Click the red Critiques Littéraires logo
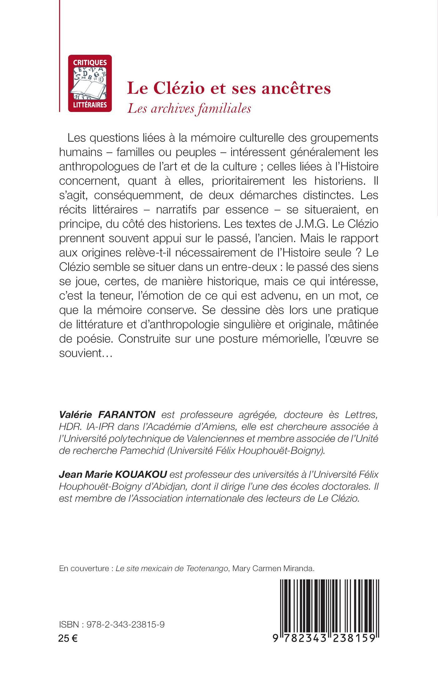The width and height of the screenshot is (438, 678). coord(90,83)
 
